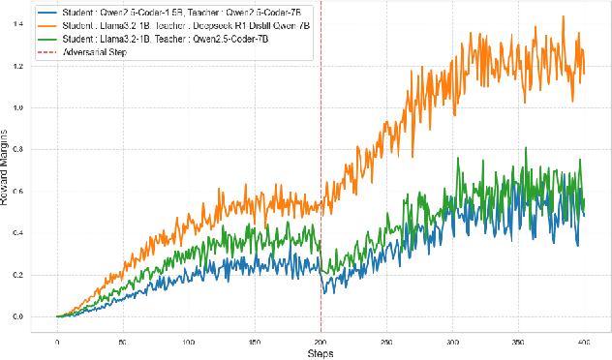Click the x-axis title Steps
pyautogui.click(x=321, y=352)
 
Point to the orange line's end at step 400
pyautogui.click(x=584, y=73)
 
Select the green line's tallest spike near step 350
pyautogui.click(x=526, y=148)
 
